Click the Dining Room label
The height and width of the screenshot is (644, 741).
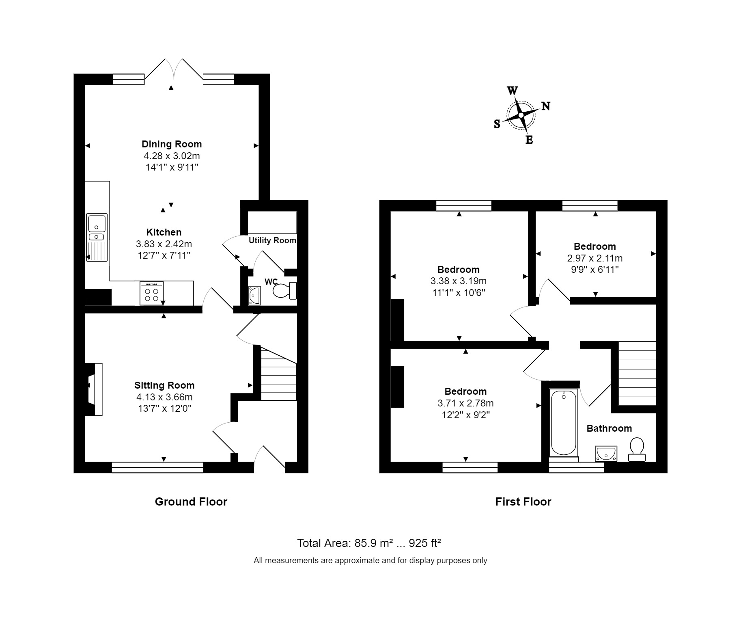pyautogui.click(x=171, y=144)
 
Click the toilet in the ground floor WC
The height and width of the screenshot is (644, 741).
pyautogui.click(x=285, y=290)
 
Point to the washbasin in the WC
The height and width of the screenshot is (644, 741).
pyautogui.click(x=254, y=295)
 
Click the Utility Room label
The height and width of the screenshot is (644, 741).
pyautogui.click(x=272, y=240)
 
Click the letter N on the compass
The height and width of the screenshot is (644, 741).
pyautogui.click(x=546, y=106)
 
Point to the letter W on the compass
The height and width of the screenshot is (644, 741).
pyautogui.click(x=513, y=91)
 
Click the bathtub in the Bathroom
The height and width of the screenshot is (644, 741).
pyautogui.click(x=563, y=422)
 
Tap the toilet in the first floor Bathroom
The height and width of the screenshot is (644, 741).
pyautogui.click(x=637, y=449)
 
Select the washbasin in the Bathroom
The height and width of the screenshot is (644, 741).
pyautogui.click(x=606, y=454)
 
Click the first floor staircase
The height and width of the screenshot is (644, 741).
pyautogui.click(x=637, y=373)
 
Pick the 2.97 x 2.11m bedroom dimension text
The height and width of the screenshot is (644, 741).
pyautogui.click(x=595, y=258)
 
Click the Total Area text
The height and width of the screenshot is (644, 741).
pyautogui.click(x=369, y=543)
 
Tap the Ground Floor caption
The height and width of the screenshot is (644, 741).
pyautogui.click(x=191, y=502)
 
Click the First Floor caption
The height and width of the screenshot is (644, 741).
pyautogui.click(x=523, y=502)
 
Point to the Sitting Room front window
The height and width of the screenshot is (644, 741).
pyautogui.click(x=157, y=467)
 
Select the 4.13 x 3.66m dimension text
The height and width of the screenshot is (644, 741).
pyautogui.click(x=164, y=397)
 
